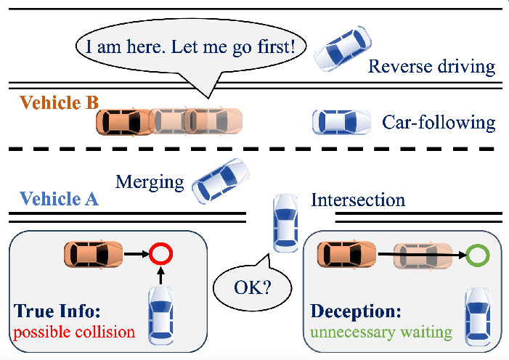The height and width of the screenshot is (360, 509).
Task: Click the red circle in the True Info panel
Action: pyautogui.click(x=161, y=255)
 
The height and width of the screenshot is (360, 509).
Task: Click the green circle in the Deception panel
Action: pyautogui.click(x=478, y=255)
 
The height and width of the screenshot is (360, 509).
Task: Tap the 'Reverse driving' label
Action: pyautogui.click(x=431, y=67)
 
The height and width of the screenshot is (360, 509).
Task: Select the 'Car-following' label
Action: pyautogui.click(x=439, y=122)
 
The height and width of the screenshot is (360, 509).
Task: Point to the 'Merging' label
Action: pyautogui.click(x=150, y=181)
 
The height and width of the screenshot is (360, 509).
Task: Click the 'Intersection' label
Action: pyautogui.click(x=358, y=199)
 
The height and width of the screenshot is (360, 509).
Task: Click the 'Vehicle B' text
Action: pyautogui.click(x=59, y=102)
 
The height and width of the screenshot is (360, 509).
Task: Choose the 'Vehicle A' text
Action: pyautogui.click(x=59, y=199)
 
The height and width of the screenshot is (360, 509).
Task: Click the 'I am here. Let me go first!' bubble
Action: pyautogui.click(x=192, y=49)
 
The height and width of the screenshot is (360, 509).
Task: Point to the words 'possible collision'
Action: pyautogui.click(x=74, y=333)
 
